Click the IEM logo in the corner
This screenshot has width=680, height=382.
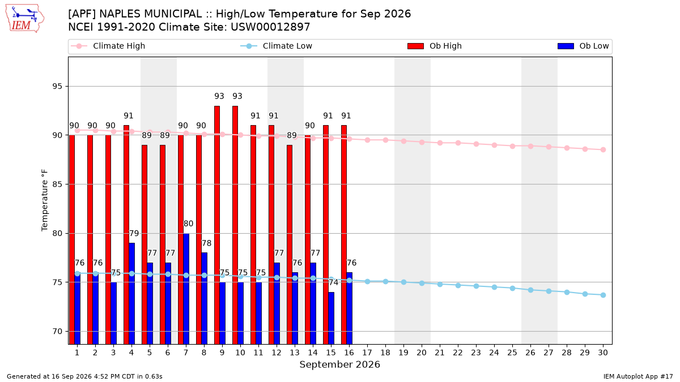[x=24, y=19]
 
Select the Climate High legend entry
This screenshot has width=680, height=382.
[x=108, y=46]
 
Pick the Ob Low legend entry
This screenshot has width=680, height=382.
[x=583, y=46]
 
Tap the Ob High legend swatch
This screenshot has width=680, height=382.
[x=415, y=46]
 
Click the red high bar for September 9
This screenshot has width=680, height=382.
[x=216, y=225]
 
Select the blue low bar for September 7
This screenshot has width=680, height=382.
[x=186, y=289]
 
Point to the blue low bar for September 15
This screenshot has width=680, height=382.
[x=331, y=318]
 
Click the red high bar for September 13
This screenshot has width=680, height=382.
[x=290, y=244]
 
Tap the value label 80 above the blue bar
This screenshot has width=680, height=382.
[x=188, y=224]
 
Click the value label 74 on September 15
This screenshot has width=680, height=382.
[x=333, y=282]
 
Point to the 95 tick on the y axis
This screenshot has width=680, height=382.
[x=57, y=87]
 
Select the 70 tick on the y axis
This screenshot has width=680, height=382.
[x=57, y=332]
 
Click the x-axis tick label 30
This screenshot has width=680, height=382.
[x=603, y=353]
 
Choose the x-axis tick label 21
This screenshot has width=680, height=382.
[x=440, y=353]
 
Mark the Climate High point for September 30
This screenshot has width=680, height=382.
[x=603, y=150]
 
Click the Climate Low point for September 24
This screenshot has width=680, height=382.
[x=494, y=287]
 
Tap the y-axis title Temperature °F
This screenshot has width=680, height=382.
[x=45, y=200]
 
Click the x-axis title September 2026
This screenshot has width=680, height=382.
[x=339, y=364]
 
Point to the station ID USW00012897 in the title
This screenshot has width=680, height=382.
[x=270, y=27]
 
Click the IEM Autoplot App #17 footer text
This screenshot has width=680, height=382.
[x=638, y=376]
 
